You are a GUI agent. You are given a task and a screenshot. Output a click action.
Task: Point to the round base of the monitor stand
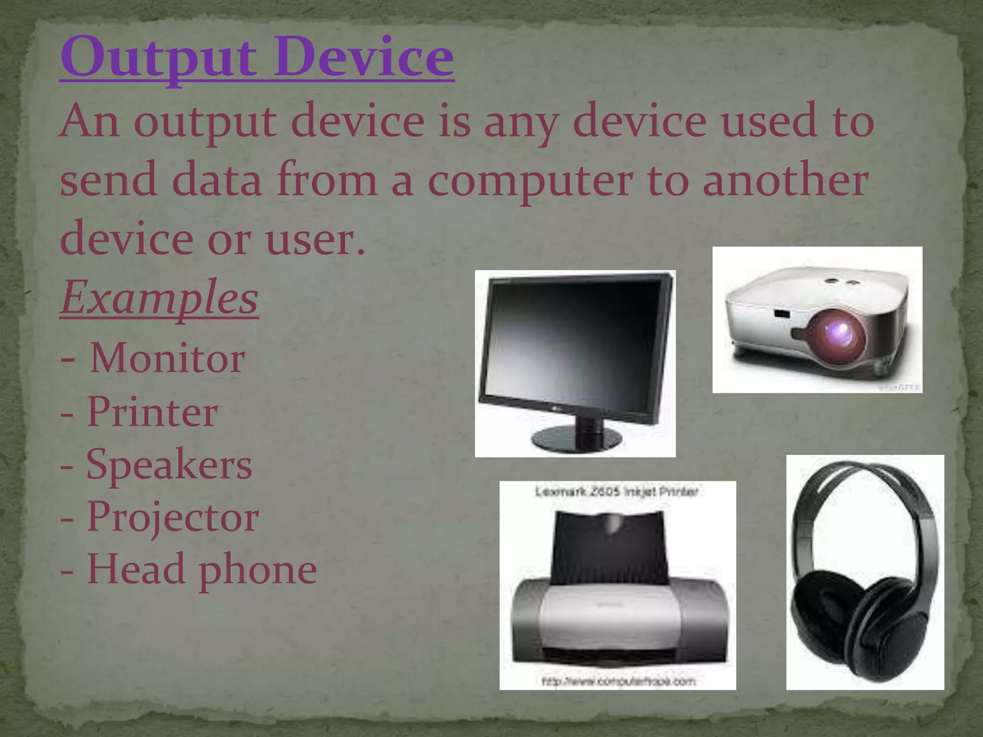tap(576, 438)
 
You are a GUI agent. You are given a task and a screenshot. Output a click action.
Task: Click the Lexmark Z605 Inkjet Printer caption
tap(616, 492)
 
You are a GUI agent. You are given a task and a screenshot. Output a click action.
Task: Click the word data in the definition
tap(216, 181)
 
